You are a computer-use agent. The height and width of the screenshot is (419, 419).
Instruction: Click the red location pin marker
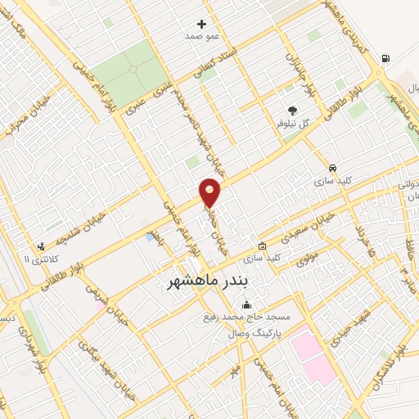(x=210, y=193)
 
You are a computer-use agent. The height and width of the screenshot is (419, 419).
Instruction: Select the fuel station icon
(x=385, y=57)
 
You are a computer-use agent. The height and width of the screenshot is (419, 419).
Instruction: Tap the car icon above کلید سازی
(x=331, y=164)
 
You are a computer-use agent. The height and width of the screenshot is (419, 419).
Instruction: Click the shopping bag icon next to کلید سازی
(x=262, y=246)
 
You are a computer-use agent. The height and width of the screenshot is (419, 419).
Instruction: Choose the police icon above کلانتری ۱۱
(x=40, y=246)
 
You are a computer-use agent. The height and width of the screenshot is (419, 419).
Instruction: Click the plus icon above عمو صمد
(x=202, y=24)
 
